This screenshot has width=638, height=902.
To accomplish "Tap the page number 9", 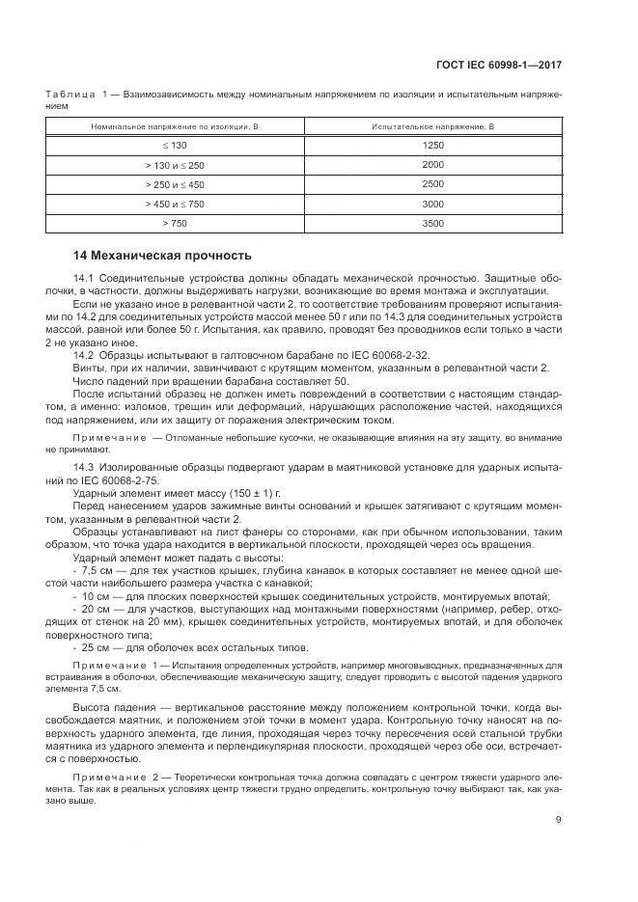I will pos(559,821).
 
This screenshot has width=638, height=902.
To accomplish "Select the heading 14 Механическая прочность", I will pos(162,256).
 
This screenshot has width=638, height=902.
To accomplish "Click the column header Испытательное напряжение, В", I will pos(432,126).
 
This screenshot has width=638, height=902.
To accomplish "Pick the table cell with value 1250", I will pos(432,145).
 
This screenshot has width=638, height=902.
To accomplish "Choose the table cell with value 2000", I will pos(432,165).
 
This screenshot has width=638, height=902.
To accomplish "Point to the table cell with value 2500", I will pos(432,184).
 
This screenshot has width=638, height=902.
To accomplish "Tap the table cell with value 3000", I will pos(432,204).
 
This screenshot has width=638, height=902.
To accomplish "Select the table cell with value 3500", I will pos(432,223).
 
